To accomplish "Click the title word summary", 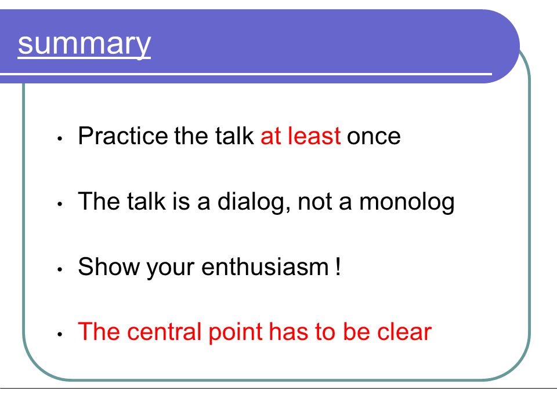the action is click(84, 44).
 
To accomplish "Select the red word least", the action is click(314, 136).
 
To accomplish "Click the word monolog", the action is click(407, 202).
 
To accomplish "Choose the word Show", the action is click(109, 266).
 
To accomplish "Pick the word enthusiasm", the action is click(265, 266).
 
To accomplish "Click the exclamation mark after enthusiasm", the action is click(338, 266).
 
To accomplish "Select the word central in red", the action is click(164, 332).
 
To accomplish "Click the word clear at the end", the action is click(404, 332).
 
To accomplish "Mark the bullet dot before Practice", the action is click(60, 138).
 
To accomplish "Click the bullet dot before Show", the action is click(60, 269).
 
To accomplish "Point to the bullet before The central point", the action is click(60, 335).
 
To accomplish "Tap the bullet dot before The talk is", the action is click(60, 204).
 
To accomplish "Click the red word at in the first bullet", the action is click(271, 136).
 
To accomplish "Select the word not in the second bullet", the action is click(315, 202).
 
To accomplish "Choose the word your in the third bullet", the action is click(171, 268).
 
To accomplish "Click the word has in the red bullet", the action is click(288, 332).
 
